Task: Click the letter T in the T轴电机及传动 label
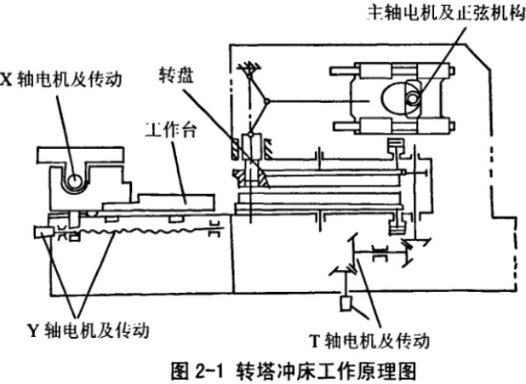coord(313,341)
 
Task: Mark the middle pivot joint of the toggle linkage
coord(267,102)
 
